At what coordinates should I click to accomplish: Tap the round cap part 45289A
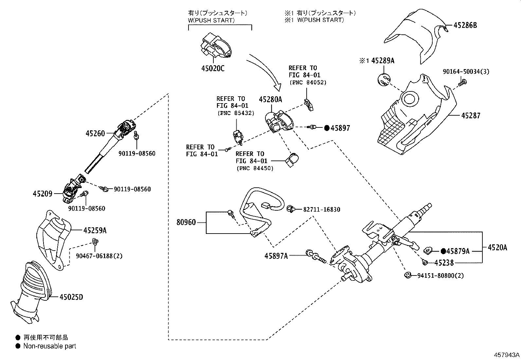click(x=384, y=80)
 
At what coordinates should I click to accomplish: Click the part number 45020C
click(x=213, y=68)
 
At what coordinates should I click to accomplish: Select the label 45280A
click(x=270, y=99)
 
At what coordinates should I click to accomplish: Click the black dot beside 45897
click(x=327, y=128)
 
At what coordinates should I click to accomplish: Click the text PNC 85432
click(x=236, y=113)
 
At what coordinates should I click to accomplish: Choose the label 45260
click(x=95, y=133)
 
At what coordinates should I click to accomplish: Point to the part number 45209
click(x=43, y=194)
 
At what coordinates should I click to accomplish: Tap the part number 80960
click(x=186, y=222)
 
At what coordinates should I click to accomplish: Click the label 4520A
click(x=497, y=248)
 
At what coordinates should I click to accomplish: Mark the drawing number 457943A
click(x=507, y=355)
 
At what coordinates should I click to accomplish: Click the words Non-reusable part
click(x=49, y=346)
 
